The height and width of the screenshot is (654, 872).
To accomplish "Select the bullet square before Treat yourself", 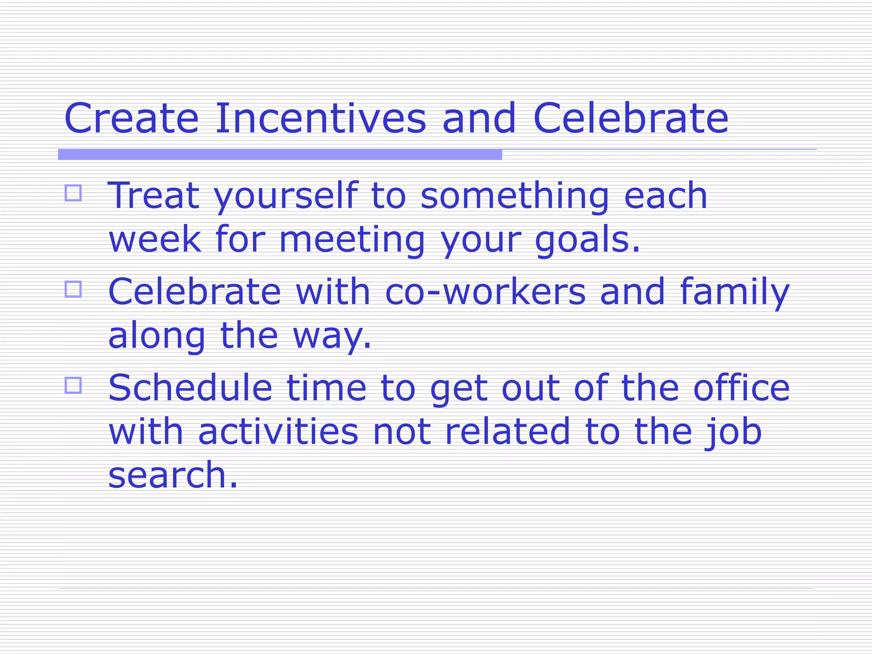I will pos(73,193).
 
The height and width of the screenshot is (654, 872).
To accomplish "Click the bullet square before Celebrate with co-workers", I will pos(73,290).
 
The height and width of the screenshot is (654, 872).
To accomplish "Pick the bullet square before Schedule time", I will pos(73,386).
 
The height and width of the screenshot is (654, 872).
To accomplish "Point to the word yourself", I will pos(285,197).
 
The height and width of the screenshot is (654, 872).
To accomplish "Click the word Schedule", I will pos(190,388).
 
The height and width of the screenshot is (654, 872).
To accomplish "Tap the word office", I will pos(741,388).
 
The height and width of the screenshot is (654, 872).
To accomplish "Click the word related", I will pos(507,432).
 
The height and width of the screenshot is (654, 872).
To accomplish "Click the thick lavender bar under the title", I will pos(280,155).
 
